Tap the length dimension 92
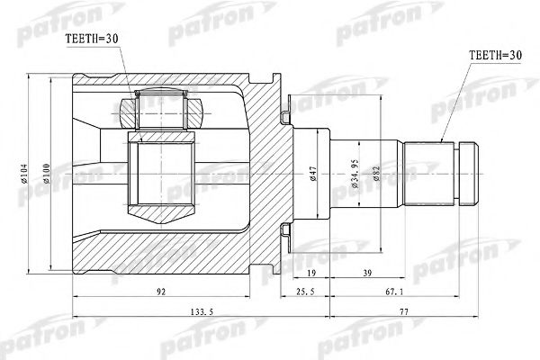click(159, 291)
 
